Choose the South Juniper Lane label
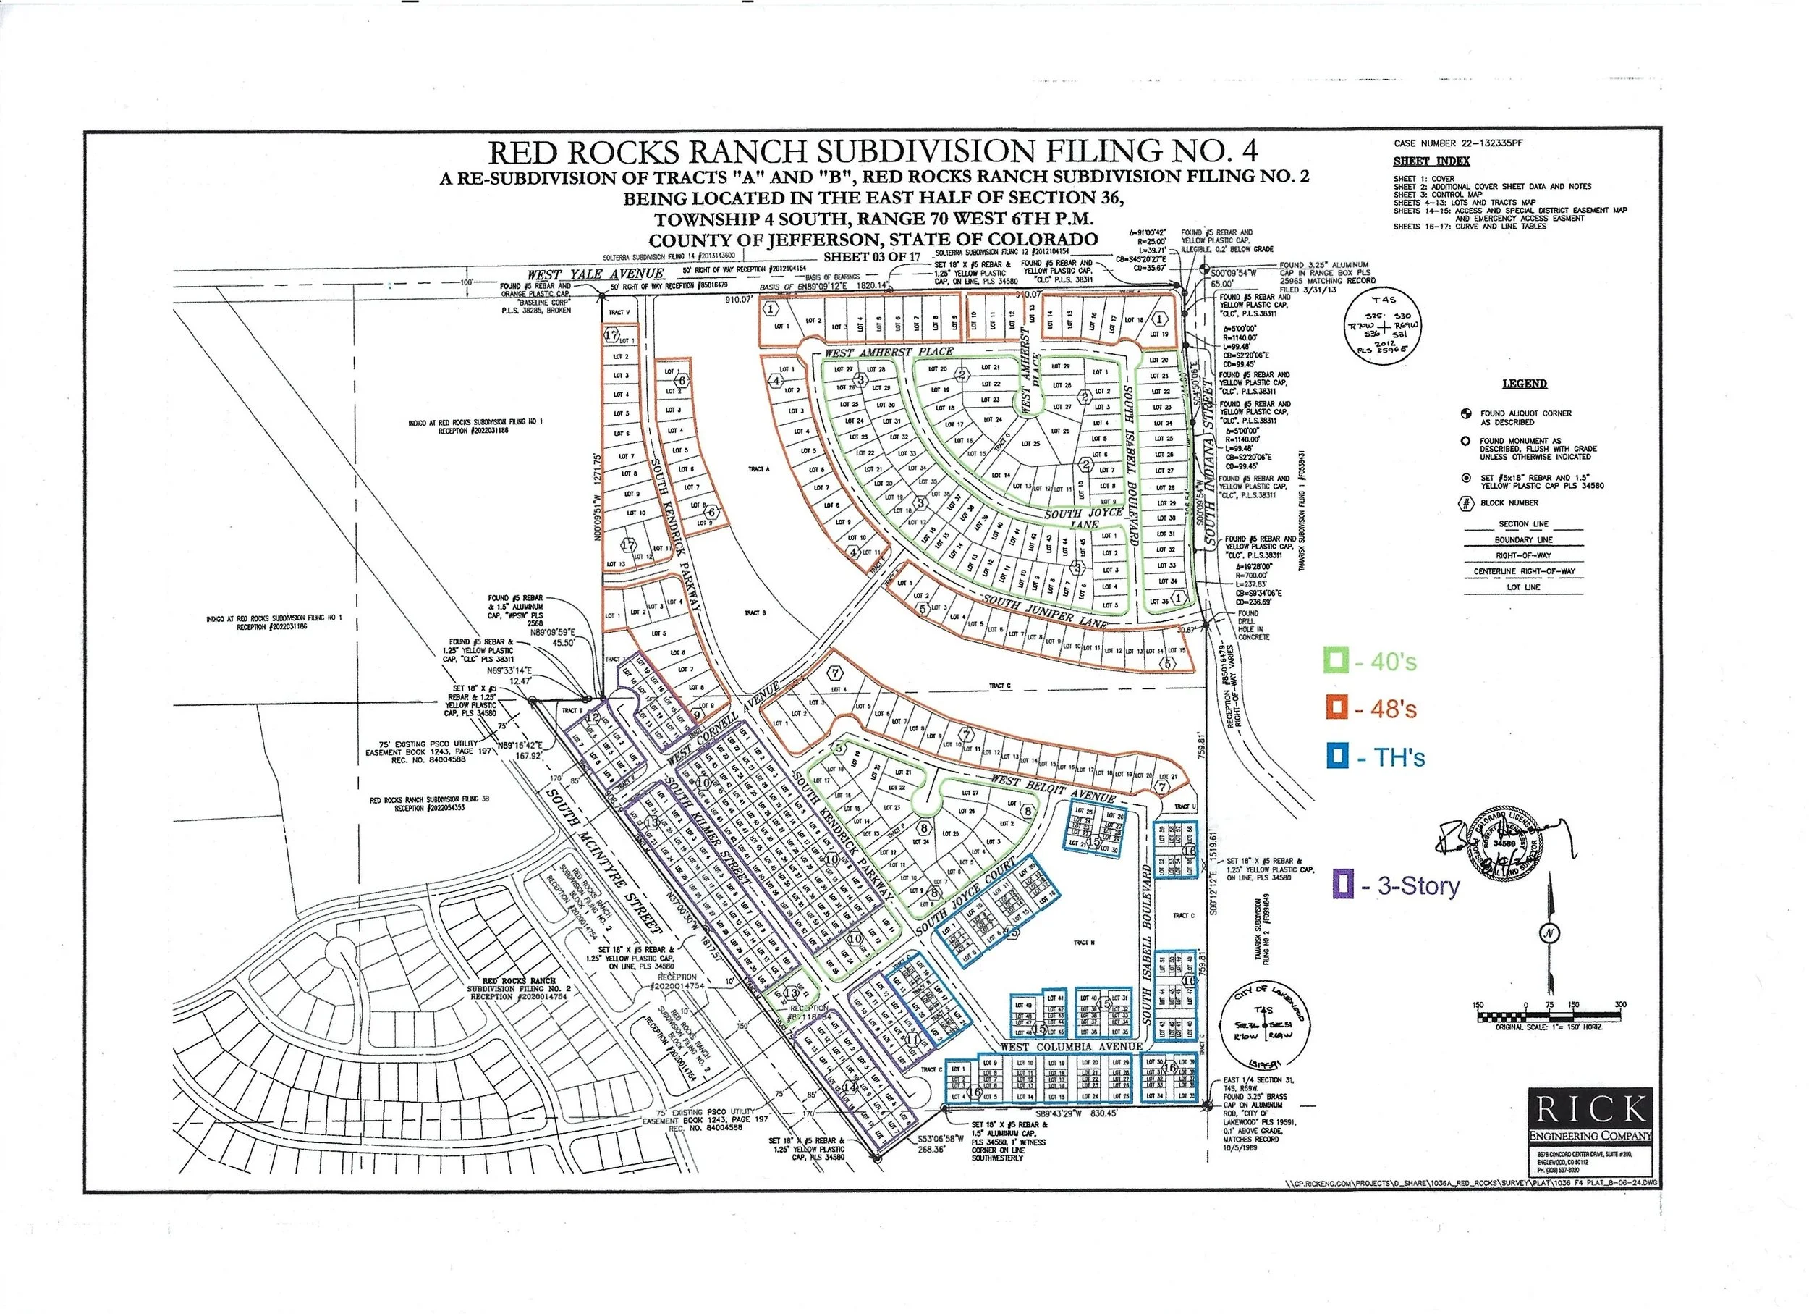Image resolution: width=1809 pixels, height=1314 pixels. (1045, 612)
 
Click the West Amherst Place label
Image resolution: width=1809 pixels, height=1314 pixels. (889, 352)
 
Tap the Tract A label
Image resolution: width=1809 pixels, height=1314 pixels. (758, 469)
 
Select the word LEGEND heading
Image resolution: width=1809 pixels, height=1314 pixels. (1523, 384)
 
